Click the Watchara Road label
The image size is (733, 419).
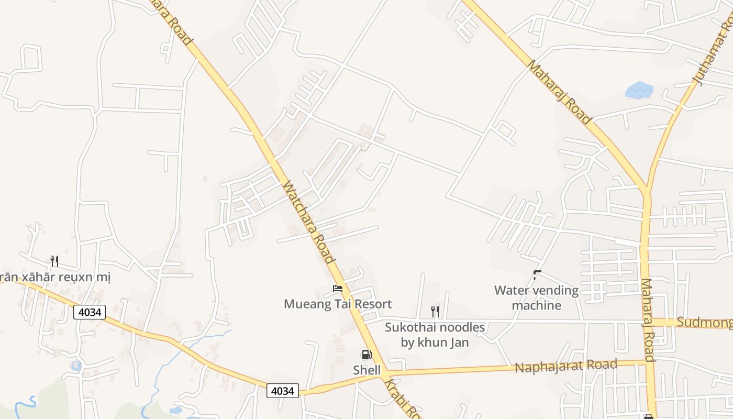click(308, 222)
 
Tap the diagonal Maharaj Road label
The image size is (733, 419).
click(559, 92)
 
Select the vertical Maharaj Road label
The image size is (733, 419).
click(648, 319)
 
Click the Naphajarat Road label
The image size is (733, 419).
click(565, 366)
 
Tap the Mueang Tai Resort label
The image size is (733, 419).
click(338, 304)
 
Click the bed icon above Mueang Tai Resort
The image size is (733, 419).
click(338, 289)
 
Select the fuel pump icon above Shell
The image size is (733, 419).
click(366, 355)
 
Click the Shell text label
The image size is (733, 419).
click(366, 370)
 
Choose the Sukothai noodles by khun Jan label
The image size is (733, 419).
click(435, 335)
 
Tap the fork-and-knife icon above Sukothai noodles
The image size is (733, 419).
click(435, 312)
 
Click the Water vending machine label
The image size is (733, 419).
click(537, 297)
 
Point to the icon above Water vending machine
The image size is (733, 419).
click(537, 274)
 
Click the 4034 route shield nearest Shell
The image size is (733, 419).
click(283, 391)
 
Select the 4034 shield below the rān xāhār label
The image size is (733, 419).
click(90, 313)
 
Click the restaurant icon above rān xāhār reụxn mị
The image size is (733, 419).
click(54, 261)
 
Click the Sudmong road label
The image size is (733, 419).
click(704, 322)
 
